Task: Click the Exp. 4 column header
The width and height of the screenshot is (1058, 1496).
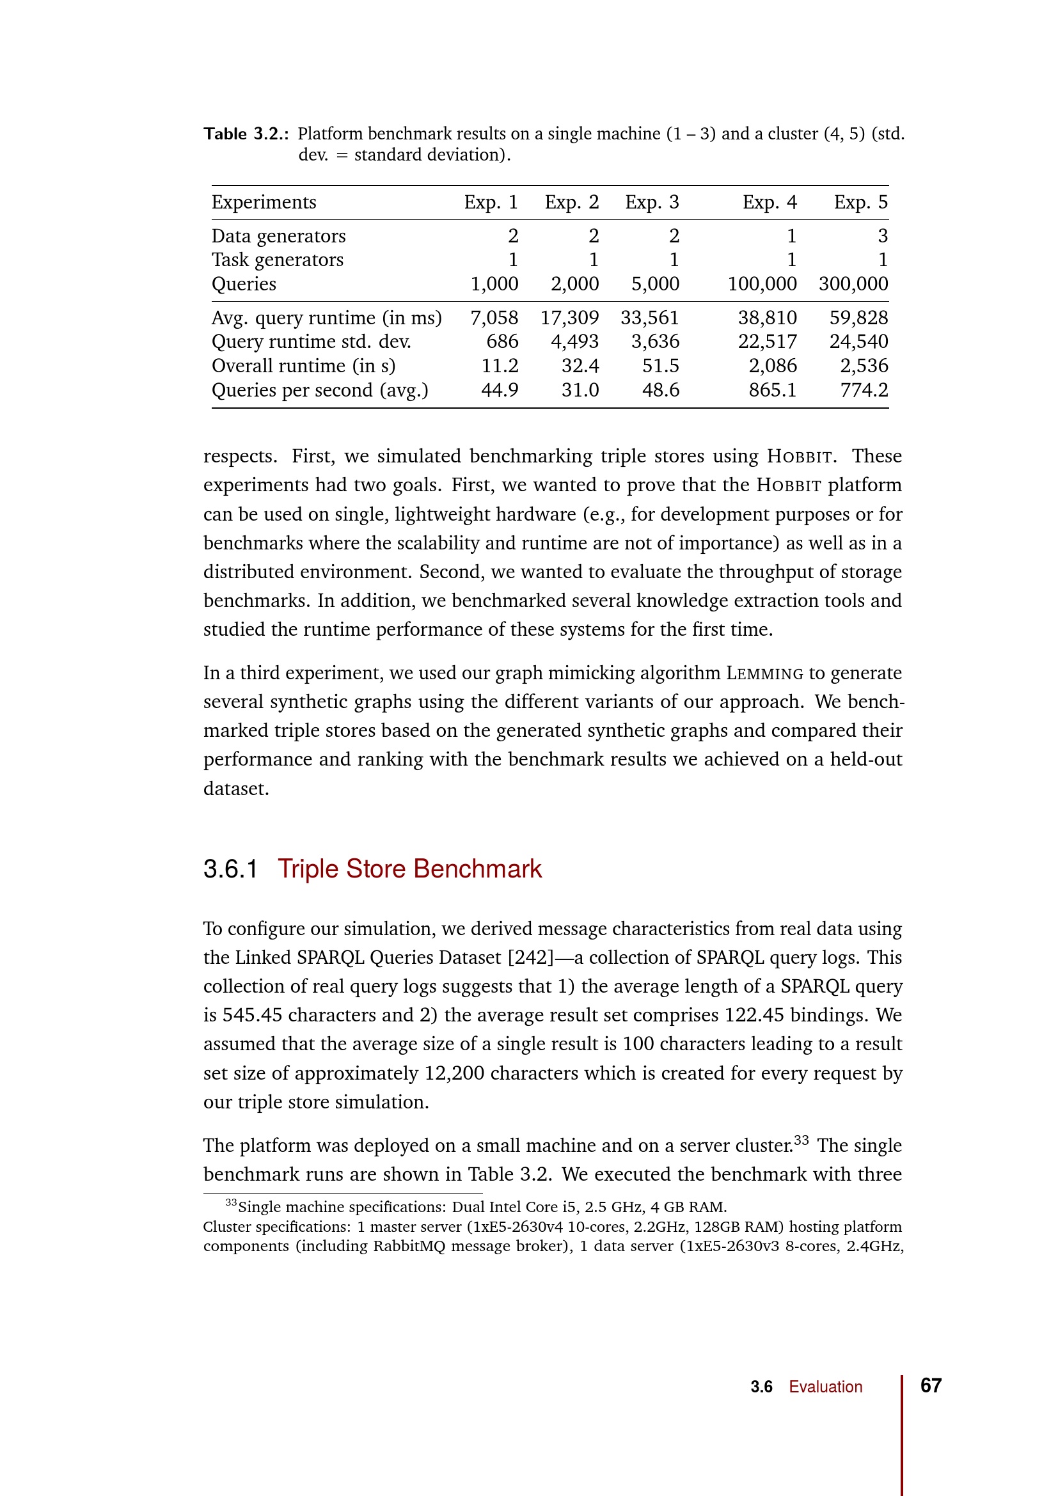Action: (770, 202)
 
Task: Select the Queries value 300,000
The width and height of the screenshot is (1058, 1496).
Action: (853, 283)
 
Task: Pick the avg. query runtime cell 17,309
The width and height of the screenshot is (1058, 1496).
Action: (569, 317)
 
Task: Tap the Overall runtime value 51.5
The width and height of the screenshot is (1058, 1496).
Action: (661, 366)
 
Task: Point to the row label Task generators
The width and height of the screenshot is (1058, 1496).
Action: (277, 259)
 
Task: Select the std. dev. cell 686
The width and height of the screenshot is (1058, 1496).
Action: (502, 342)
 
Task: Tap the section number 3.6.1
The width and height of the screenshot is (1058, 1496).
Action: (230, 869)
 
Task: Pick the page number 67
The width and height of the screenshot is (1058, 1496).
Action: (930, 1385)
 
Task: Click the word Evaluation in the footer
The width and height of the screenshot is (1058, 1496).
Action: (825, 1387)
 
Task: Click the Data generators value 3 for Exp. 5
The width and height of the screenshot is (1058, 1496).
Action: (882, 235)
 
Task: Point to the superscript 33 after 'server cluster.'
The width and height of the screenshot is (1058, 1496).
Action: (801, 1140)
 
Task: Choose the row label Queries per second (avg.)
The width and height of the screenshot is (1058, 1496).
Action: (320, 390)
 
